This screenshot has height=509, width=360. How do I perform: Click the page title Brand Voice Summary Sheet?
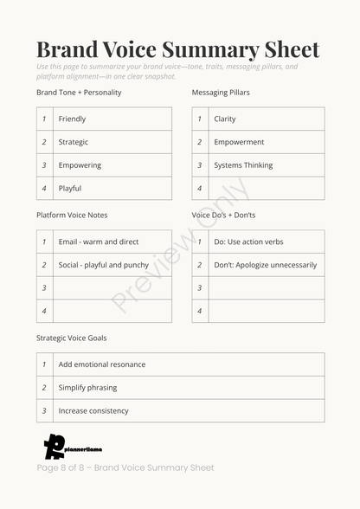pos(177,49)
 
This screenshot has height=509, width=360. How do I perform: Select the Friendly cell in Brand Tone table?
pos(73,119)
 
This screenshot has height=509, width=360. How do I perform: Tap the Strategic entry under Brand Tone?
pos(74,142)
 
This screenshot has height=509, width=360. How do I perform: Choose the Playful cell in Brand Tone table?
pos(70,189)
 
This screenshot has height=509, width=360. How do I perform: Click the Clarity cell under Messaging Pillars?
pos(225,119)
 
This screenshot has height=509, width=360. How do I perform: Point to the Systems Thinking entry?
pos(243,165)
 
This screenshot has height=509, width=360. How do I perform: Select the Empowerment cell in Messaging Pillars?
pos(239,142)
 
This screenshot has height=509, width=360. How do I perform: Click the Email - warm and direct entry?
pos(99,242)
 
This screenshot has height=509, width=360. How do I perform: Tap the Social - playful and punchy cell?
pos(103,265)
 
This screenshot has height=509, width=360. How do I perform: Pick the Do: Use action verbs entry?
pos(248,242)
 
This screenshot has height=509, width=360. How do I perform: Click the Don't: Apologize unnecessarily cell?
pos(265,265)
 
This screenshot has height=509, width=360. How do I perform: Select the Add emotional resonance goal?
pos(102,364)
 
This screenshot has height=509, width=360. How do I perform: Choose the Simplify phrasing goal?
pos(87,388)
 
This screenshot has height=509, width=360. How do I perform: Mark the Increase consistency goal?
pos(93,411)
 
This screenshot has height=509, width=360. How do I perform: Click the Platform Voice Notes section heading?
pos(72,215)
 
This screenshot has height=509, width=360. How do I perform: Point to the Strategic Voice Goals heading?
pos(72,338)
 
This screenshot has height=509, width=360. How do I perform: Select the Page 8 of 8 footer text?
pos(125,468)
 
